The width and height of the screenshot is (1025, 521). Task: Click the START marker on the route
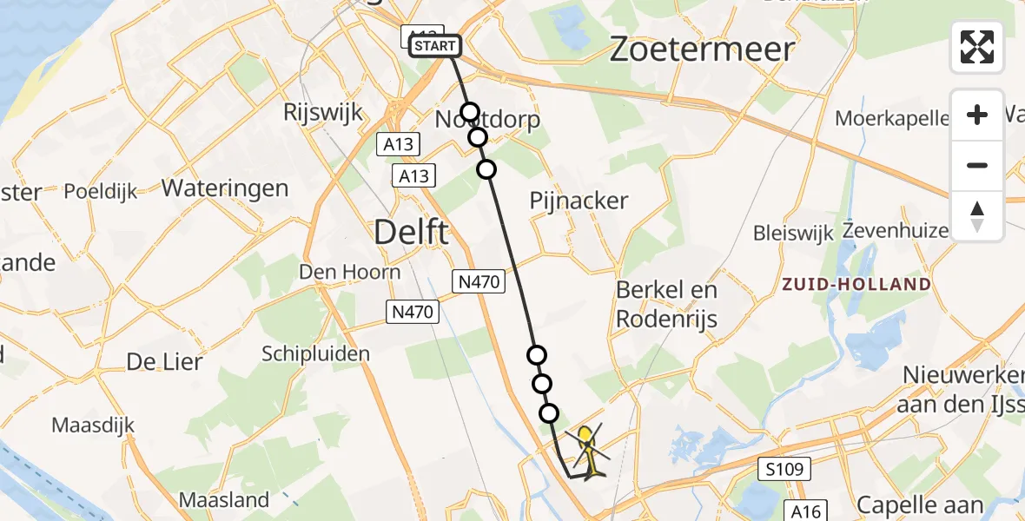(433, 46)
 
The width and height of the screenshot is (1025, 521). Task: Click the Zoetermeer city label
(701, 49)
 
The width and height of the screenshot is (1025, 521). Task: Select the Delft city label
(411, 232)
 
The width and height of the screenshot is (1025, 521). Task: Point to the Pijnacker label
(579, 201)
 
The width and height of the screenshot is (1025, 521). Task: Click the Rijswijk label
(323, 113)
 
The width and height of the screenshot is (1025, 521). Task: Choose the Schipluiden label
(316, 353)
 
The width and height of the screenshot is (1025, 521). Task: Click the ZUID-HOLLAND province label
(856, 284)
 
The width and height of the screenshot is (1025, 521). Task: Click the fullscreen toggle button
(977, 47)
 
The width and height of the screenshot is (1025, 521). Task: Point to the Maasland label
(223, 500)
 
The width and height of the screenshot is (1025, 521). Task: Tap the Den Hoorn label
(349, 272)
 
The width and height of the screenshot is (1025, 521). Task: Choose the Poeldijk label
(100, 191)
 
